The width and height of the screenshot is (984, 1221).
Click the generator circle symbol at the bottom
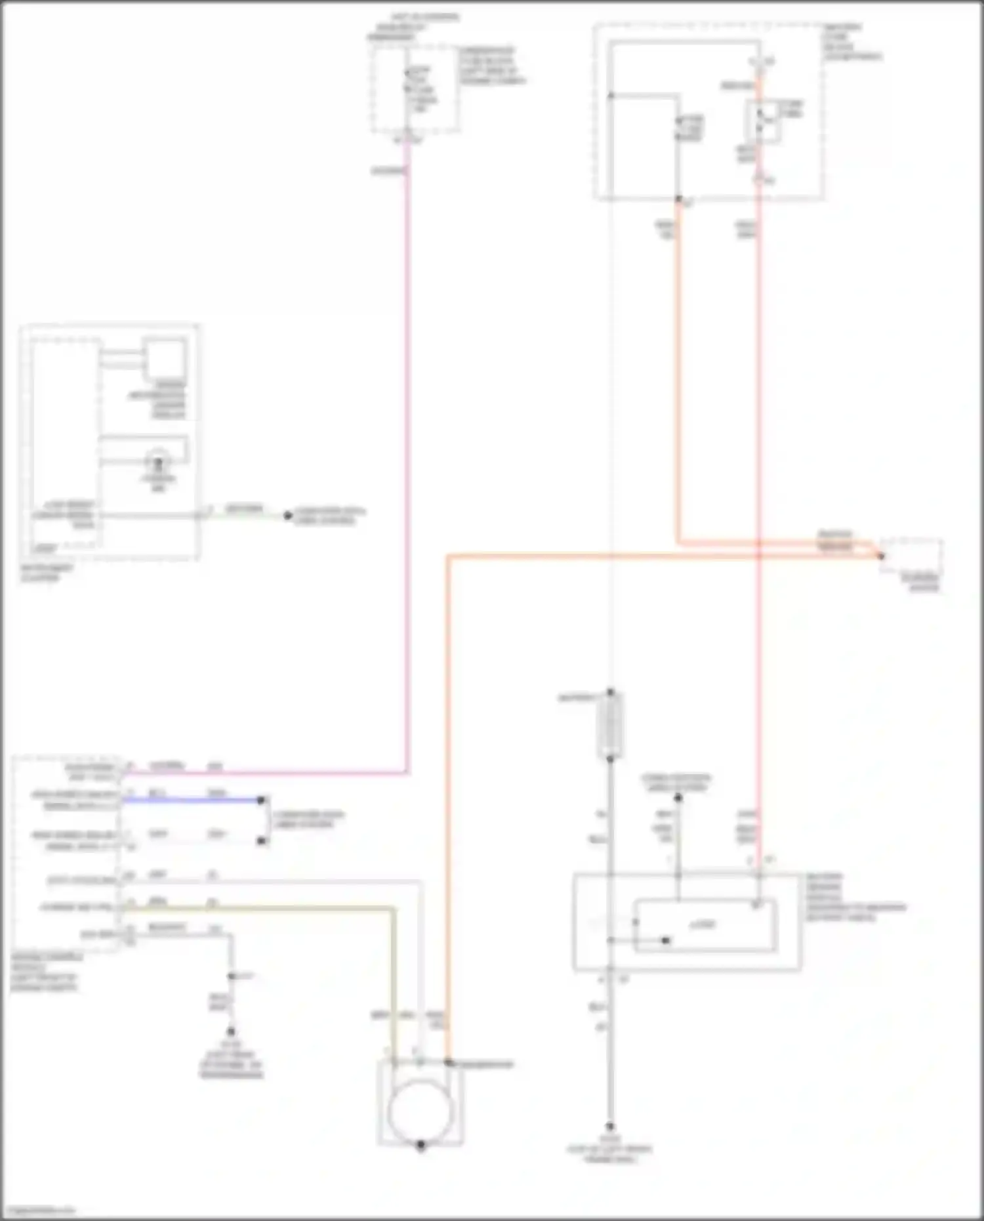(420, 1111)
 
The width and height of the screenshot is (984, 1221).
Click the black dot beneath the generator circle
(420, 1146)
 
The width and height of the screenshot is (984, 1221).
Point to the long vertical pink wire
(407, 459)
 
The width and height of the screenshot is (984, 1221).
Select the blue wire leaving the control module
(190, 800)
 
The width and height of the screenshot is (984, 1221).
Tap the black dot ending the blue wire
(261, 800)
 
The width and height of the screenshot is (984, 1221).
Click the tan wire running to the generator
(392, 971)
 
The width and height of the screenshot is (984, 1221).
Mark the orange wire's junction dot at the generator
(448, 1062)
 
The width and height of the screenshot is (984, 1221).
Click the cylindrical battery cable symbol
(610, 725)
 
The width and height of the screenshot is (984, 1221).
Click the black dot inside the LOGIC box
(666, 940)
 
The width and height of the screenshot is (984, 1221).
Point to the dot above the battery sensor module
(678, 798)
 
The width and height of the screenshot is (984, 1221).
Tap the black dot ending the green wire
(287, 515)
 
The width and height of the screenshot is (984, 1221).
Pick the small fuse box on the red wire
(763, 121)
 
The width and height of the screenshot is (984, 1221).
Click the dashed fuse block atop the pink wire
(415, 89)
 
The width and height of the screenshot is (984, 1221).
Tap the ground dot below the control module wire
(230, 1031)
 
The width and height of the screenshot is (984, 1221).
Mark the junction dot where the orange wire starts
(678, 198)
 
